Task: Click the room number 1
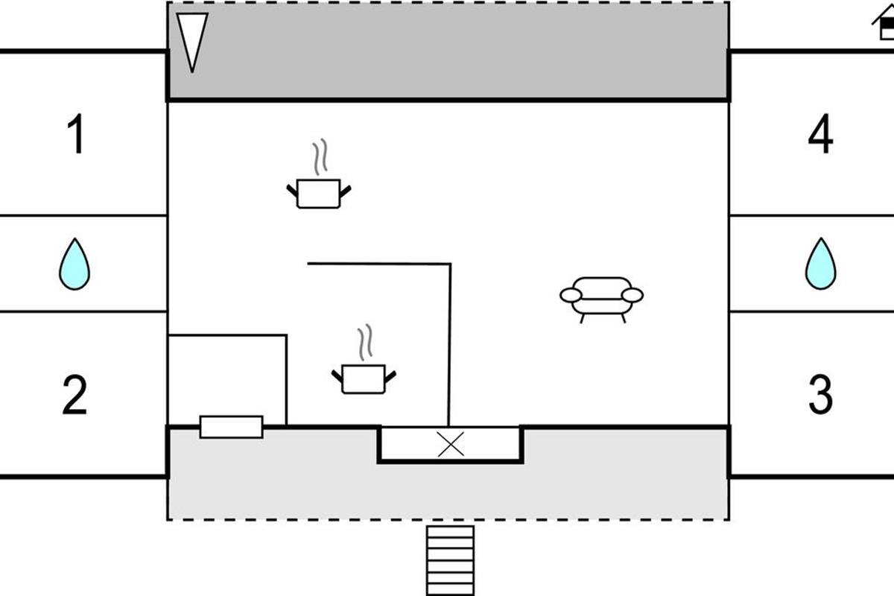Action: (x=76, y=135)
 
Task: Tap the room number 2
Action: (x=74, y=396)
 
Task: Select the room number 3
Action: (x=820, y=396)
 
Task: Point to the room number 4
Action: (x=820, y=135)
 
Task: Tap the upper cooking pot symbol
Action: (x=319, y=193)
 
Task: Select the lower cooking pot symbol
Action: (x=364, y=378)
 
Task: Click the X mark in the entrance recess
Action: (x=450, y=444)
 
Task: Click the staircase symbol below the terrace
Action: (x=450, y=560)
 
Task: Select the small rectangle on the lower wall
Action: (x=231, y=427)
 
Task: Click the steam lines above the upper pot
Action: (x=320, y=156)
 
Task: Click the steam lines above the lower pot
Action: (x=364, y=343)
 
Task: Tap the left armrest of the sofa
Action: (x=571, y=296)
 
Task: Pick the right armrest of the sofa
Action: (x=632, y=296)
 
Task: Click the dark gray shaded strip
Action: (x=447, y=51)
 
